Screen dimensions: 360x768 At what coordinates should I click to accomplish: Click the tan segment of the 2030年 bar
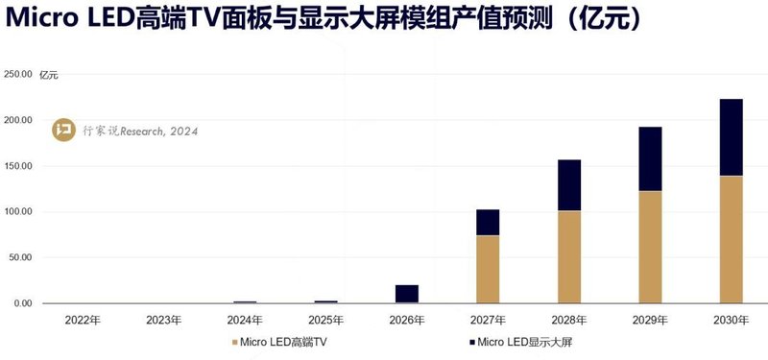pyautogui.click(x=732, y=239)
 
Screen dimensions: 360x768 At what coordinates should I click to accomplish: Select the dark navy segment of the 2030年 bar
pyautogui.click(x=732, y=137)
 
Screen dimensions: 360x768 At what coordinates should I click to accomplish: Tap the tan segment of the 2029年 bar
pyautogui.click(x=650, y=247)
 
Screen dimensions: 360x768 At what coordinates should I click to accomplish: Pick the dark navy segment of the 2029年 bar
pyautogui.click(x=650, y=158)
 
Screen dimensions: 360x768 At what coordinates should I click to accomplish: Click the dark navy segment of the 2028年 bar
pyautogui.click(x=569, y=185)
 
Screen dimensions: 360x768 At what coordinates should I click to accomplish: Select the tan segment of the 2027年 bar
pyautogui.click(x=488, y=269)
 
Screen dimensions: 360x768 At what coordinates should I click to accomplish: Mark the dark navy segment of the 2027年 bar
pyautogui.click(x=488, y=222)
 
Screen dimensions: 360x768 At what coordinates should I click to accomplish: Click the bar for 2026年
pyautogui.click(x=407, y=294)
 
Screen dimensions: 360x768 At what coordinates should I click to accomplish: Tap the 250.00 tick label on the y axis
pyautogui.click(x=18, y=74)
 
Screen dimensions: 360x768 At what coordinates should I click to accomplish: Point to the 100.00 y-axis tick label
pyautogui.click(x=18, y=212)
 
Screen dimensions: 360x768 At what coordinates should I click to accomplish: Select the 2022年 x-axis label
pyautogui.click(x=82, y=319)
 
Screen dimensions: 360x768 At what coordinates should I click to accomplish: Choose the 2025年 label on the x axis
pyautogui.click(x=325, y=319)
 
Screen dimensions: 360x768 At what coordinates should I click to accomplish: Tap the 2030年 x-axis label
pyautogui.click(x=732, y=319)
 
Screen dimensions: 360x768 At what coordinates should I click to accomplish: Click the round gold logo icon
pyautogui.click(x=62, y=130)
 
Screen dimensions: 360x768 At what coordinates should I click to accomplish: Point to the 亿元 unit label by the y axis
pyautogui.click(x=49, y=75)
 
